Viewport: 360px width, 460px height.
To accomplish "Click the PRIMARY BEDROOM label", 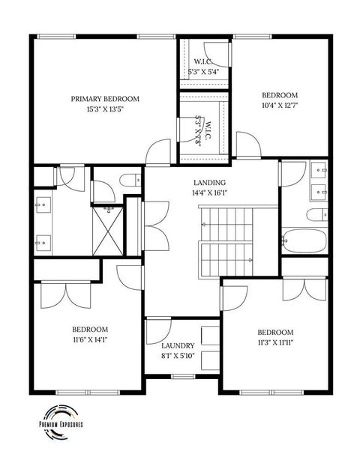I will pyautogui.click(x=106, y=99).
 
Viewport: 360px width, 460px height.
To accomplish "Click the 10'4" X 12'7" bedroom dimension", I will pyautogui.click(x=280, y=107).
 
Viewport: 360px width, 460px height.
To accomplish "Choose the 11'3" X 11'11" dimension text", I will pyautogui.click(x=275, y=344).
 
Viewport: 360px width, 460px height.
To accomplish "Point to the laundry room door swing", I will pyautogui.click(x=157, y=330).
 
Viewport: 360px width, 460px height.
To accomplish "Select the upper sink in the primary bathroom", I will pyautogui.click(x=42, y=202).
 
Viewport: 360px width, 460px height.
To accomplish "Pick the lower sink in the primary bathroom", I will pyautogui.click(x=42, y=241).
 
